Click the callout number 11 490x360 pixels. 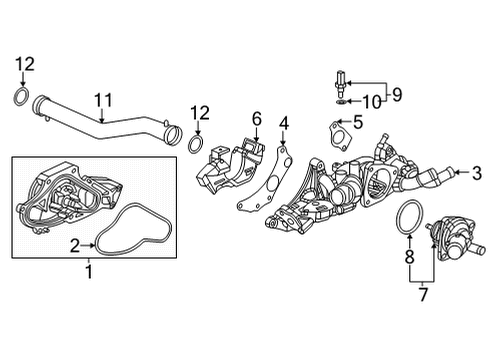point(103,100)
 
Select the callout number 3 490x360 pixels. point(477,173)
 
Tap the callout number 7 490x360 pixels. point(423,294)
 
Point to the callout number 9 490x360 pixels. point(397,94)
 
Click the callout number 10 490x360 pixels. point(372,102)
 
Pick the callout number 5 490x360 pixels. point(358,122)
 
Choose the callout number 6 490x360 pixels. point(257,119)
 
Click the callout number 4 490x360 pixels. point(284,124)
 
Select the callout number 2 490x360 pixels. point(75,246)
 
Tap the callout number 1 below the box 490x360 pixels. point(89,272)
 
